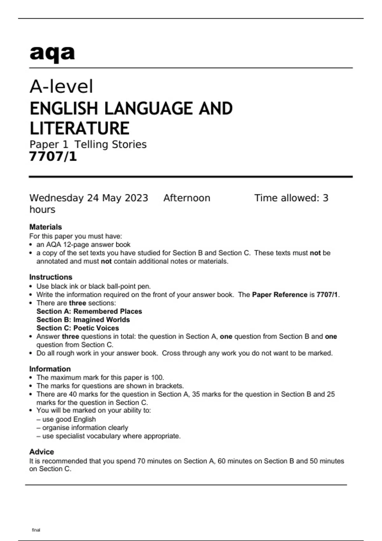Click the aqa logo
[52, 53]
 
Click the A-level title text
[61, 86]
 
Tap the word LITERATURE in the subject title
[79, 128]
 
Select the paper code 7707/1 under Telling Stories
[53, 157]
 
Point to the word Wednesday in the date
[56, 198]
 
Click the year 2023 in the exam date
[136, 198]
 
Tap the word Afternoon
[187, 198]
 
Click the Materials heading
[46, 227]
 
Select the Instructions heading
[51, 277]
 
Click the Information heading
[50, 369]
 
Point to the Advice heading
[41, 452]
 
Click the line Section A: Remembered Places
[89, 311]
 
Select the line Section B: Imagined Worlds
[83, 320]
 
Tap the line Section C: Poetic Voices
[78, 328]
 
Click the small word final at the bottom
[36, 530]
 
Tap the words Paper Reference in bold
[279, 295]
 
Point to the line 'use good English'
[69, 419]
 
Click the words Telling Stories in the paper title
[110, 144]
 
